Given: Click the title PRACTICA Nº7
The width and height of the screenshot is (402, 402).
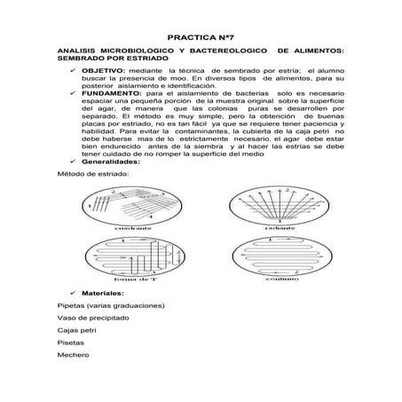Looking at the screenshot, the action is pos(200,39).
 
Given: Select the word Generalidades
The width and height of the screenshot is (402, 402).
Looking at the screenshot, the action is pos(112,162).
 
